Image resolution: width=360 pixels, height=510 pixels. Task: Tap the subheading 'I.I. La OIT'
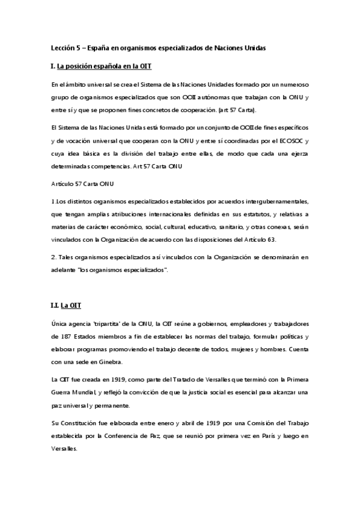point(66,305)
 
